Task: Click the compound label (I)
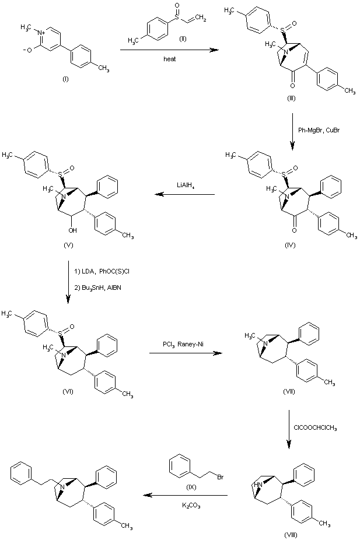(x=65, y=79)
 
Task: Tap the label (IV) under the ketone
(x=291, y=245)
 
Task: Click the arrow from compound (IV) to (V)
(x=185, y=195)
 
